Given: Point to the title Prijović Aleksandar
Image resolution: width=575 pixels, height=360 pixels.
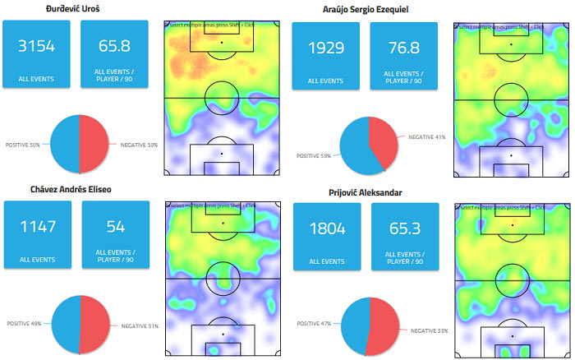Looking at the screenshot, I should click(x=366, y=192).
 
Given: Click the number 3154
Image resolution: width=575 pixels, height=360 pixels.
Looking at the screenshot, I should click(x=38, y=47).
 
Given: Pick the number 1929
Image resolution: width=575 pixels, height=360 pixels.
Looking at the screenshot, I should click(x=327, y=48).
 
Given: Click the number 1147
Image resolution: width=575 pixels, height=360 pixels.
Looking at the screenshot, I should click(x=38, y=226).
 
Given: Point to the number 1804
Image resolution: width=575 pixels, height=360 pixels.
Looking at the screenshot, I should click(x=327, y=229).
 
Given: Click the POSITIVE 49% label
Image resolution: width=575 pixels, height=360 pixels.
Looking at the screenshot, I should click(x=25, y=323).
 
